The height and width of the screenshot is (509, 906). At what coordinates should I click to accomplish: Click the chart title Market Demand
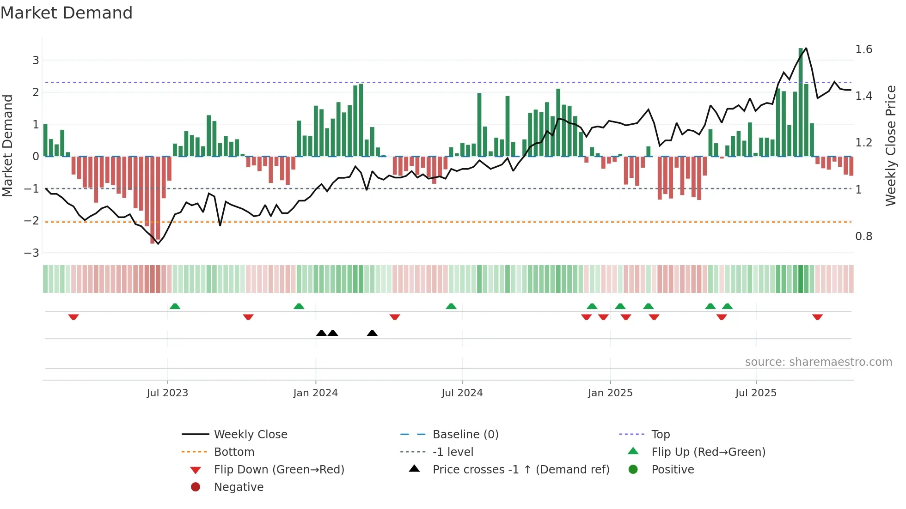click(67, 13)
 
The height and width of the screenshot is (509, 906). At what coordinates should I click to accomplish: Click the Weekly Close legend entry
click(250, 435)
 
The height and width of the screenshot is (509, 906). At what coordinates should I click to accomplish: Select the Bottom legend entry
click(234, 452)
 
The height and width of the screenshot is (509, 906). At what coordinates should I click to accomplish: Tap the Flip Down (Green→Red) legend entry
click(279, 470)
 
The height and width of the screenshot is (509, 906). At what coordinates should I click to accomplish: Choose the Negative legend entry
click(239, 487)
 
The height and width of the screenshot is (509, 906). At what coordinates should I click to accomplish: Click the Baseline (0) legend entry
click(465, 435)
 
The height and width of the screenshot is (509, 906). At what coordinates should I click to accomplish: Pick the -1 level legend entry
click(453, 452)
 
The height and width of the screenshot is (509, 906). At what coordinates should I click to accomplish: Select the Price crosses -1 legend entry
click(520, 470)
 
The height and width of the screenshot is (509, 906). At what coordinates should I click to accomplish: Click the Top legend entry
click(660, 435)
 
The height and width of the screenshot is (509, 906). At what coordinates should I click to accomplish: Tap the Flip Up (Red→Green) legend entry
click(708, 452)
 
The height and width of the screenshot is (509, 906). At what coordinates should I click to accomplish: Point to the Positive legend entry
click(672, 470)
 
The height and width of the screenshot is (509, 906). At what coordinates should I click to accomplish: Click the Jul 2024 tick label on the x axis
click(462, 393)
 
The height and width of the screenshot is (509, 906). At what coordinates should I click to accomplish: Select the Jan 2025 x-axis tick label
click(610, 393)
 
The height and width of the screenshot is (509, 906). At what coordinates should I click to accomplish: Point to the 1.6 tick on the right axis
click(863, 49)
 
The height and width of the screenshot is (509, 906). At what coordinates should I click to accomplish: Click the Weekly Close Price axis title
click(890, 145)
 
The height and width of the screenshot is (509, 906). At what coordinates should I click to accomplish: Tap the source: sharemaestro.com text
click(818, 362)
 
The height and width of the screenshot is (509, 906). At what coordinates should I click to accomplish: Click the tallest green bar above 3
click(801, 102)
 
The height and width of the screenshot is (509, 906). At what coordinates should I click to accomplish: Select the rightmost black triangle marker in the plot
click(372, 333)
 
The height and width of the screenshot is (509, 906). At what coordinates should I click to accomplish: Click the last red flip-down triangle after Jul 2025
click(817, 317)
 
